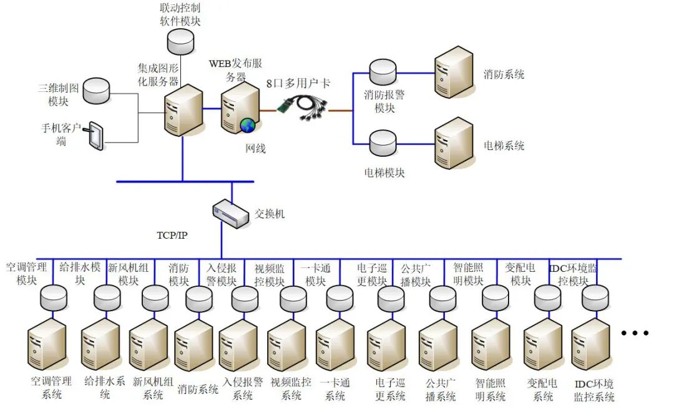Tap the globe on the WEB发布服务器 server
click(248, 125)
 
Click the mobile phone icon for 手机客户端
click(95, 136)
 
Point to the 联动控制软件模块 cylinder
click(181, 41)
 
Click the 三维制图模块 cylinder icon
click(96, 91)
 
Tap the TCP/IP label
click(172, 236)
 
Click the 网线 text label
click(255, 149)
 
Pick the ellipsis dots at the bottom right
click(635, 333)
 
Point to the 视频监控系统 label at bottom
click(291, 388)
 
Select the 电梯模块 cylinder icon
click(381, 144)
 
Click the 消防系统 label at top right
click(504, 74)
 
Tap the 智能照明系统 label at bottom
click(491, 389)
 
